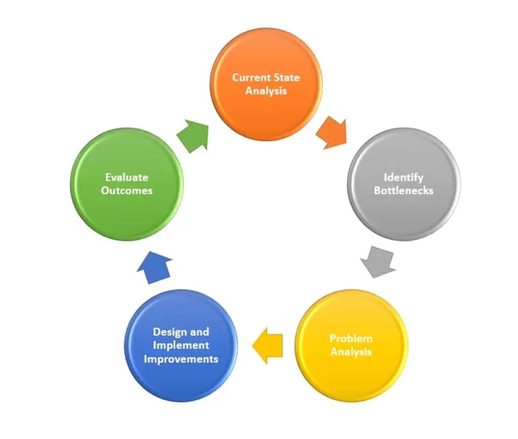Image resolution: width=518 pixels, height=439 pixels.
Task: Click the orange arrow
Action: tap(331, 129)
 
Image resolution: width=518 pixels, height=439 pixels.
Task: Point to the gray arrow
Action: tap(377, 261)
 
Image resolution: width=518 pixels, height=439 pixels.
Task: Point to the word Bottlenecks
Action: tap(403, 190)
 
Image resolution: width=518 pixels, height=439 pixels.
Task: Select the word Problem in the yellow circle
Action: tap(351, 338)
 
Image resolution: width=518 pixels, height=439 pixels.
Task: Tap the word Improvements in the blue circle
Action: tap(181, 359)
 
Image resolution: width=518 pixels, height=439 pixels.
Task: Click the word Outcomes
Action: tap(128, 190)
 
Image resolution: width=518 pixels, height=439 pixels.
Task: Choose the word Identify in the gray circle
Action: tap(403, 177)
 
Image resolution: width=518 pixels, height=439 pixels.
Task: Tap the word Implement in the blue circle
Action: tap(181, 345)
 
